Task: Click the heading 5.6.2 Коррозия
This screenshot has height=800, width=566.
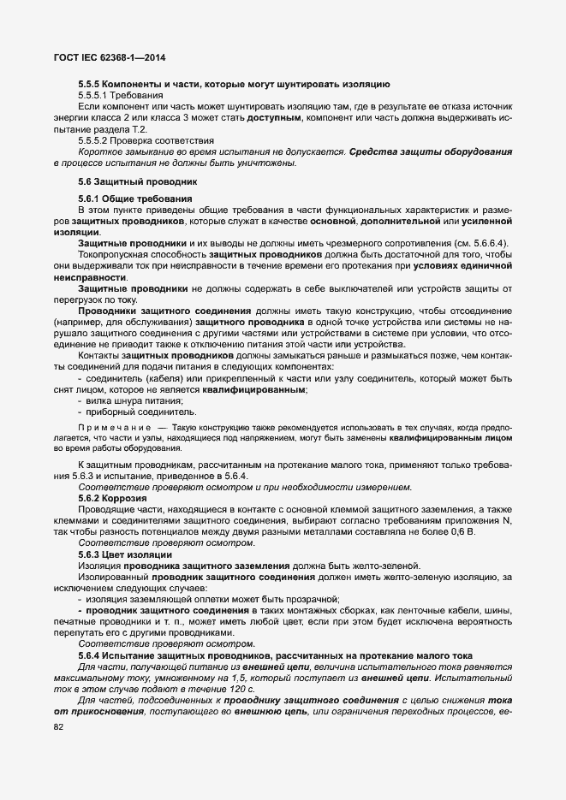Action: tap(112, 497)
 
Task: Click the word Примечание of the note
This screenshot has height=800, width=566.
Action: tap(115, 425)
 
